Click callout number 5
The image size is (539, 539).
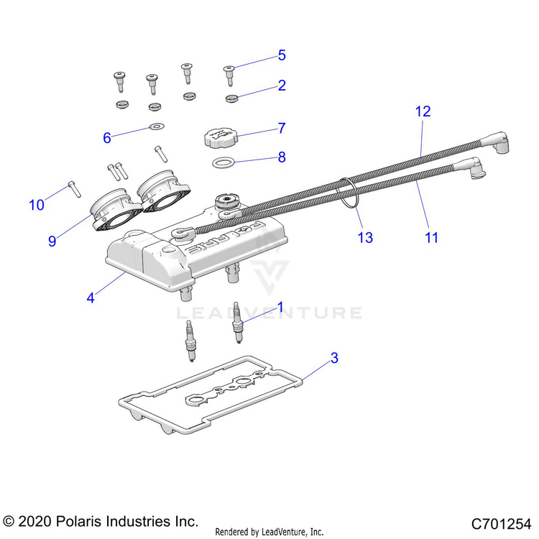[282, 55]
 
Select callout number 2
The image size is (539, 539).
[282, 86]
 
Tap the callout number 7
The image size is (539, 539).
[282, 128]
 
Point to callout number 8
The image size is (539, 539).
[282, 157]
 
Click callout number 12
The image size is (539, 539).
[423, 111]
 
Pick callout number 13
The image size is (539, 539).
[365, 237]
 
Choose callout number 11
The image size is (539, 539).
[431, 237]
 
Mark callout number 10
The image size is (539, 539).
[36, 205]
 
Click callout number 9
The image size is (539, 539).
[52, 241]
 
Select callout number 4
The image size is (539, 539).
[91, 298]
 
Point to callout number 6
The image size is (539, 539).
[107, 137]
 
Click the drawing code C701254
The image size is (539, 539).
[500, 522]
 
